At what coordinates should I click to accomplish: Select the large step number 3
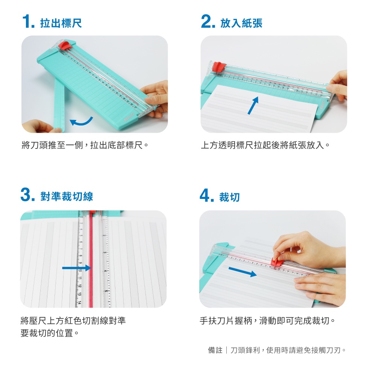click(x=26, y=194)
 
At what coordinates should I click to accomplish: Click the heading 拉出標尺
click(x=61, y=23)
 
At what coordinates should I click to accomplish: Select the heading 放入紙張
click(x=241, y=23)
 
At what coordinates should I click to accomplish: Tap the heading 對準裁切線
click(x=67, y=196)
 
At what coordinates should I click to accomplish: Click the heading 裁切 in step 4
click(x=229, y=197)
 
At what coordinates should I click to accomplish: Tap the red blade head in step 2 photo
click(x=219, y=67)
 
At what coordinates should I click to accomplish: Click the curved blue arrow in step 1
click(x=82, y=122)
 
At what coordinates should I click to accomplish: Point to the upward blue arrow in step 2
click(x=253, y=105)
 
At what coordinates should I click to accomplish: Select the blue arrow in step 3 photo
click(x=76, y=268)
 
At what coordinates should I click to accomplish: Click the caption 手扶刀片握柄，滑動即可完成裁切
click(x=267, y=321)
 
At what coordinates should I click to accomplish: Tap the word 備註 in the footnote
click(x=215, y=350)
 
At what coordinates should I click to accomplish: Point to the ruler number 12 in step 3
click(x=80, y=286)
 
